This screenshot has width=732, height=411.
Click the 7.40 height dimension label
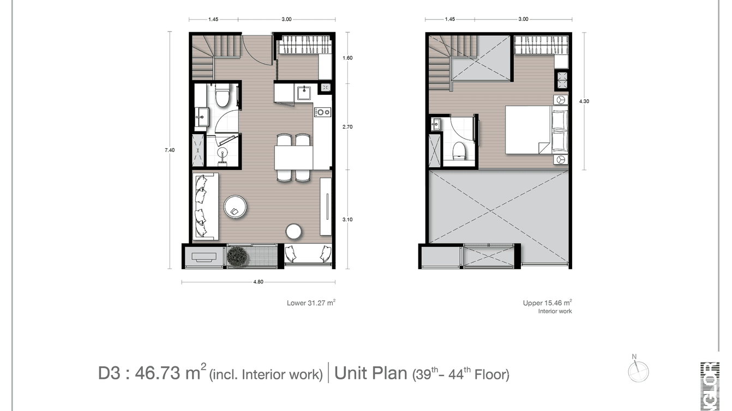[170, 150]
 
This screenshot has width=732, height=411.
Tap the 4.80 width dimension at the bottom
[258, 282]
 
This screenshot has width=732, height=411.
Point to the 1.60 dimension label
[347, 57]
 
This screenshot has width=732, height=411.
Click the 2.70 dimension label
[347, 126]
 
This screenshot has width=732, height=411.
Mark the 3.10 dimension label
[347, 219]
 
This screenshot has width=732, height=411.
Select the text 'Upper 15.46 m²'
[547, 303]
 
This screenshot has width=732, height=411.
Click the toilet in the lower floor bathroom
[223, 98]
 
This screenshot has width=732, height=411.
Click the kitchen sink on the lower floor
[304, 92]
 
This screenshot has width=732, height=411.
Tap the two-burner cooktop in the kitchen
[322, 112]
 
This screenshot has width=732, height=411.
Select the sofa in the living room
[205, 206]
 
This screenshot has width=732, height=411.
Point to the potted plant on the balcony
[238, 256]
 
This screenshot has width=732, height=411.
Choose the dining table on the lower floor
[293, 159]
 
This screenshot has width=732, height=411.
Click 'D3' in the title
[110, 374]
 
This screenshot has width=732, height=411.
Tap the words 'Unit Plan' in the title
[370, 373]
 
